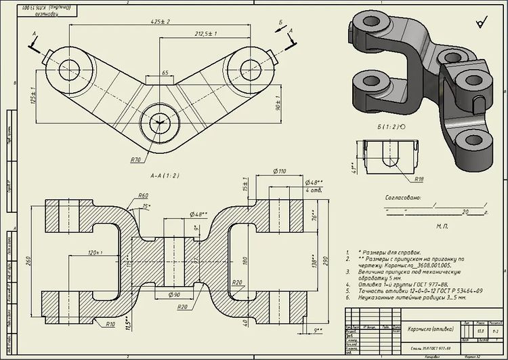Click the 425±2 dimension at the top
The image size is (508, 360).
coord(161,22)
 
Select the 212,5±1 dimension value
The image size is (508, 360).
coord(205,34)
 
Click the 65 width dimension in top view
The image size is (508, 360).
coord(165,72)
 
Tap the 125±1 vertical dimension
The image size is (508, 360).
coord(33,97)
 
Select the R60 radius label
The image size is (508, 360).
coord(144,196)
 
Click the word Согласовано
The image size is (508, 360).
coord(404,199)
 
